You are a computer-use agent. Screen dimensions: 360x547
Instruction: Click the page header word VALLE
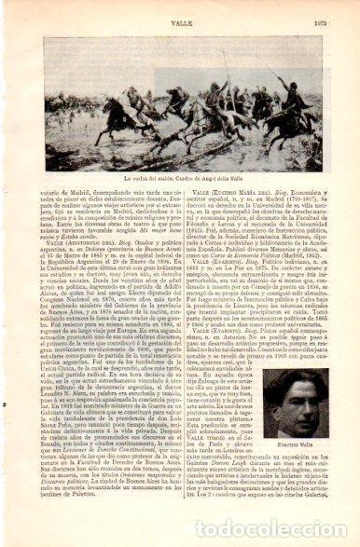[180, 10]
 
